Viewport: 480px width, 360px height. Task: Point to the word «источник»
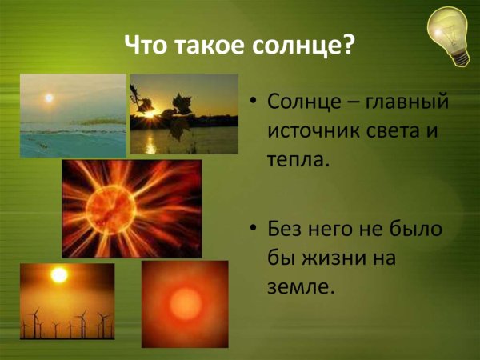[x=305, y=130]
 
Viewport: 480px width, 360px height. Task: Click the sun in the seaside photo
[x=49, y=98]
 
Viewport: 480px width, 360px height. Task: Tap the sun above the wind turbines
[x=58, y=275]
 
